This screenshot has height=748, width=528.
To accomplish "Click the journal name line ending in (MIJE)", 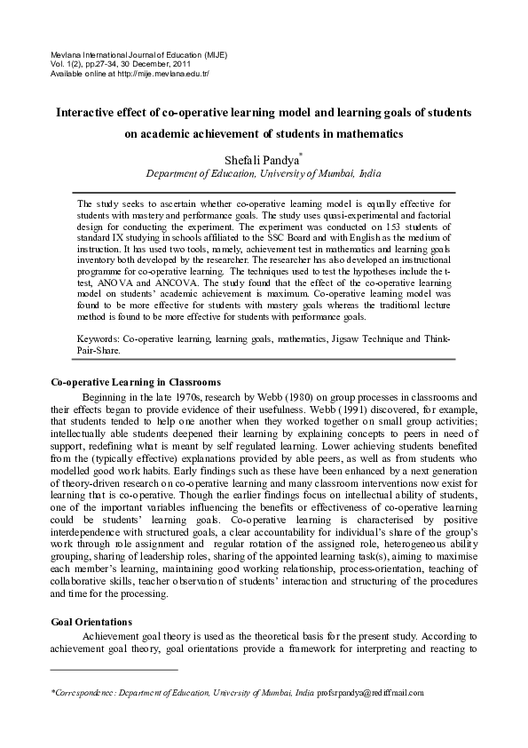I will pyautogui.click(x=138, y=54).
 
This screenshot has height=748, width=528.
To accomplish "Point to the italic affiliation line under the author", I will pyautogui.click(x=264, y=174).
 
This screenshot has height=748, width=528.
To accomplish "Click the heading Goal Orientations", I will pyautogui.click(x=91, y=622).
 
